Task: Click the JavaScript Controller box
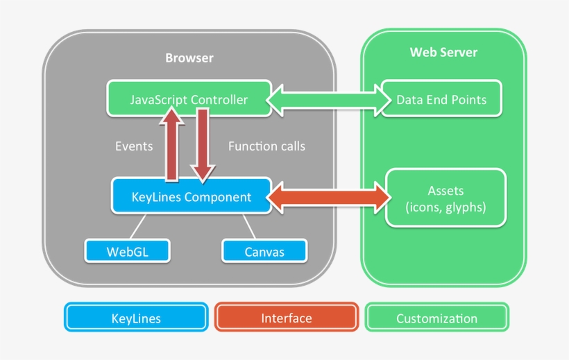[x=188, y=99]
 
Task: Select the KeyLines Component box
[x=191, y=197]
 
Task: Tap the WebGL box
[x=127, y=251]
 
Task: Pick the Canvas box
[x=264, y=251]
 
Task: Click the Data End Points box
[x=441, y=99]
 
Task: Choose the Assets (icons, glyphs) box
[x=445, y=198]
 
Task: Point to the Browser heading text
[x=189, y=58]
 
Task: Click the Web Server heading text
[x=443, y=53]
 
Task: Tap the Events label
[x=133, y=146]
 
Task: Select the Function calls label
[x=266, y=146]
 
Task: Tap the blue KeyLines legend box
[x=136, y=318]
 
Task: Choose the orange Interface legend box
[x=286, y=318]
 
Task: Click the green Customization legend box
[x=436, y=318]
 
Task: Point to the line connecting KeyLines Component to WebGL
[x=137, y=225]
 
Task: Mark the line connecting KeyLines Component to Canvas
[x=249, y=225]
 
